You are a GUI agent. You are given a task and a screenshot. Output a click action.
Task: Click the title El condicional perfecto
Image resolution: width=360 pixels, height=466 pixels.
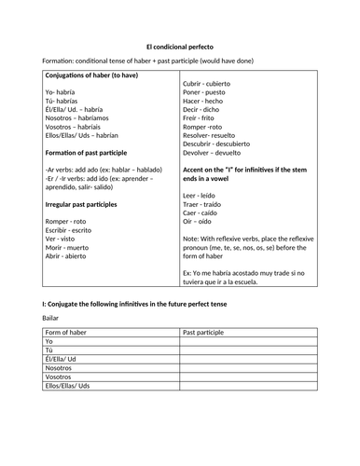point(179,46)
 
